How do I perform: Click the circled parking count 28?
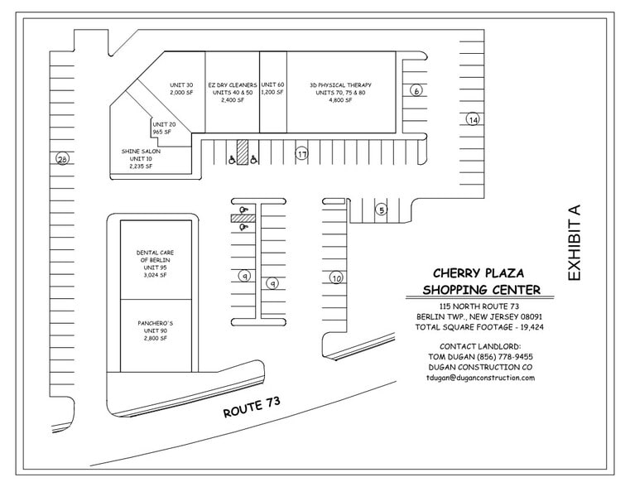click(62, 159)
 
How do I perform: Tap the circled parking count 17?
click(301, 153)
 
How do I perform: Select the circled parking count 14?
click(473, 119)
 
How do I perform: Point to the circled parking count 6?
click(416, 90)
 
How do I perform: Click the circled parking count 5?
click(382, 210)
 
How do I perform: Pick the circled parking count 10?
click(336, 277)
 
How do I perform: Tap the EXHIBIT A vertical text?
click(574, 243)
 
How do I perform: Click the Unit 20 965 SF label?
click(164, 128)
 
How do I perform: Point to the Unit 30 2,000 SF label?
click(181, 89)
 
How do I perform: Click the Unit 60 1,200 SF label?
click(272, 89)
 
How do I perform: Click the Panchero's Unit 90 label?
click(156, 330)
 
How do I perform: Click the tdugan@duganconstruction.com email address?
click(480, 378)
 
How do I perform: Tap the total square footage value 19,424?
click(532, 327)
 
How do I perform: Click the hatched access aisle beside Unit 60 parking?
click(243, 152)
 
